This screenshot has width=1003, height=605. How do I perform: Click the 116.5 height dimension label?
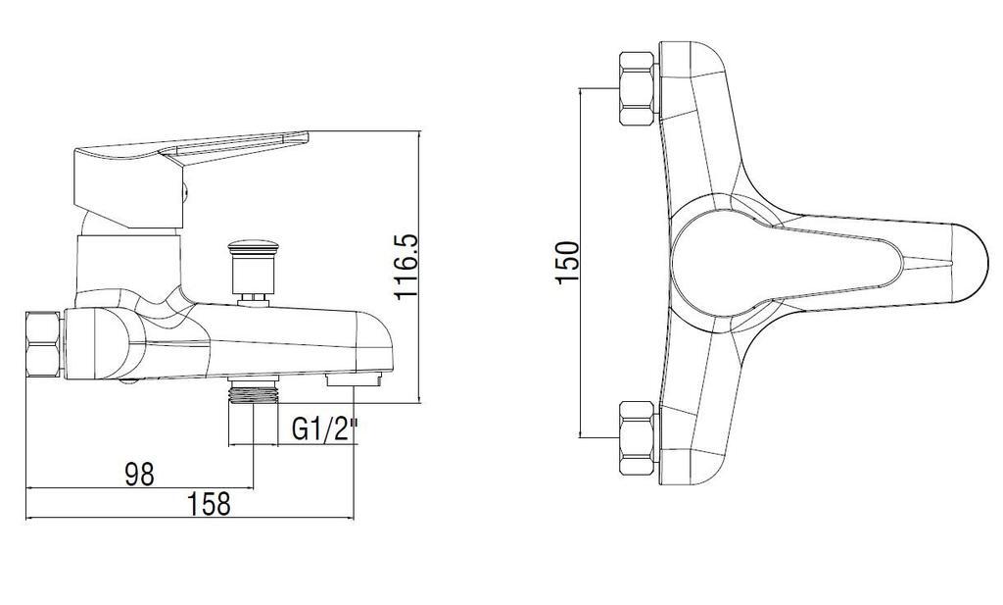[x=406, y=267]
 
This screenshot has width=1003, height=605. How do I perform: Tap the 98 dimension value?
[x=139, y=475]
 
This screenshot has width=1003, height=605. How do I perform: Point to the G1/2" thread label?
[x=325, y=429]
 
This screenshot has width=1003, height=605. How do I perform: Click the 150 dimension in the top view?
[x=567, y=263]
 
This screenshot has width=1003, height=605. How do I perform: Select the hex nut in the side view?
[x=43, y=345]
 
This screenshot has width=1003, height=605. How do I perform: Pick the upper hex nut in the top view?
[x=638, y=88]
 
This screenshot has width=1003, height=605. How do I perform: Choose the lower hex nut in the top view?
[x=638, y=438]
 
